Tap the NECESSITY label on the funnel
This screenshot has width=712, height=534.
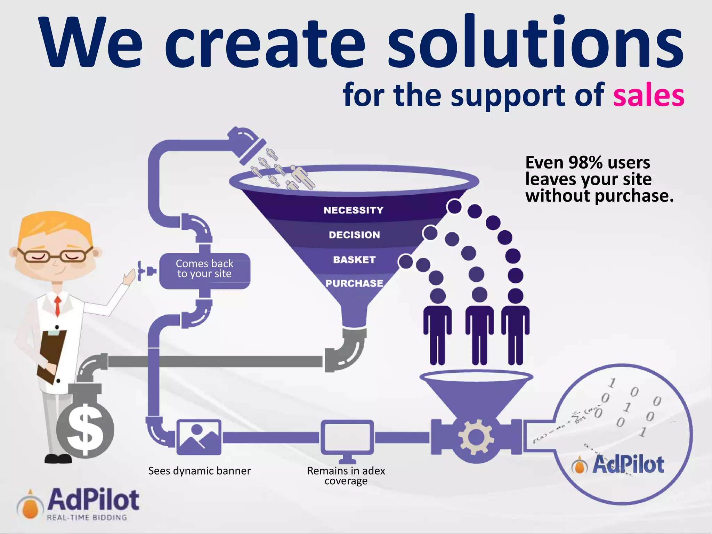[353, 210]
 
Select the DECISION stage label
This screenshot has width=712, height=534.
[354, 235]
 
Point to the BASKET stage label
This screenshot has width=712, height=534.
[354, 260]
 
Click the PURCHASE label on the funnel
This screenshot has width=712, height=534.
[354, 283]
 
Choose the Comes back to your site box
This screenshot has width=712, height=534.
[204, 269]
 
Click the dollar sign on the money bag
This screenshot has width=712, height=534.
[85, 430]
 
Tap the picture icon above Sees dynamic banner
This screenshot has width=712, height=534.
[199, 437]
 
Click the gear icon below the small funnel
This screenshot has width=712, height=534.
[476, 437]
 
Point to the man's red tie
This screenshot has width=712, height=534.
[58, 306]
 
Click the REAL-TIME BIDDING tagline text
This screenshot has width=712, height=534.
[87, 517]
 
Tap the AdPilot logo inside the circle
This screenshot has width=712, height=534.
[618, 464]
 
